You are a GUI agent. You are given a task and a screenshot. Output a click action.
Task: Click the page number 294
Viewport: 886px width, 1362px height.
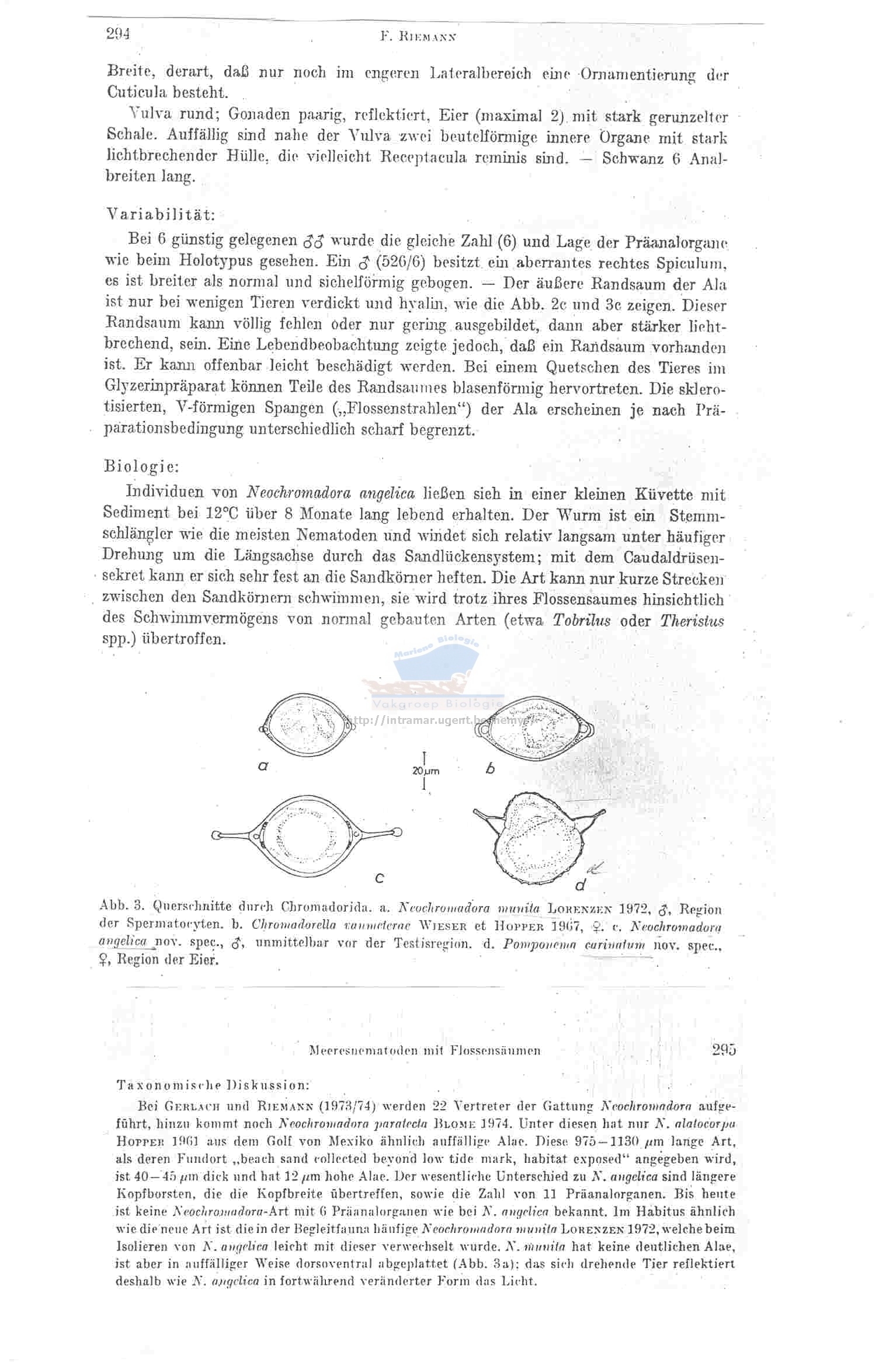tap(117, 34)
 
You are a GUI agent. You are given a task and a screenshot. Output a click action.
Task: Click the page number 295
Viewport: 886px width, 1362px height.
tap(724, 1050)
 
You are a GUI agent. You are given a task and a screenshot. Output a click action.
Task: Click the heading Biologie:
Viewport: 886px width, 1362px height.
tap(141, 466)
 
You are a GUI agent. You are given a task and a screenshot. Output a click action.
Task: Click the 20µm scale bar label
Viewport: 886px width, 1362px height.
tap(425, 771)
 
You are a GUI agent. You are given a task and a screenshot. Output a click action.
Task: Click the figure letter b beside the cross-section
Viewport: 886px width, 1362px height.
tap(491, 769)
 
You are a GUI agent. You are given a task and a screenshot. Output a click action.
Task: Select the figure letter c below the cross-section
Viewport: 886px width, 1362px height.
tap(379, 877)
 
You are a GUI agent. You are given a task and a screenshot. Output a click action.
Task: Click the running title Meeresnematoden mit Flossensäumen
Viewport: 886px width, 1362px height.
tap(424, 1051)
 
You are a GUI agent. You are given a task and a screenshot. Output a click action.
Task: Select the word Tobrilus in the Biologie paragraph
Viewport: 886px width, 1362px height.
tap(581, 620)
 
